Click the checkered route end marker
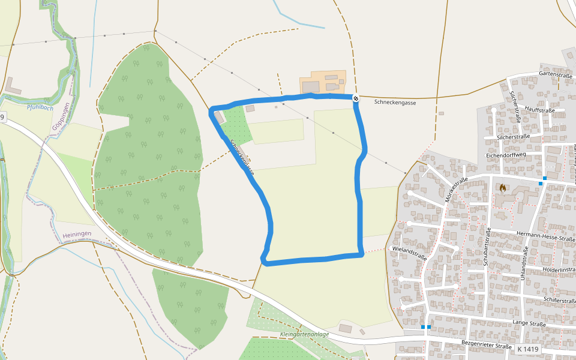click(x=356, y=98)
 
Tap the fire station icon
click(x=502, y=188)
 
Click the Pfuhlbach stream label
click(x=40, y=108)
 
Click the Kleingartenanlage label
click(x=304, y=334)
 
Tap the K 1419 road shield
click(x=527, y=349)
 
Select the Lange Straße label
click(x=529, y=324)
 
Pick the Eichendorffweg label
click(x=506, y=154)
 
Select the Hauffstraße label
click(x=539, y=110)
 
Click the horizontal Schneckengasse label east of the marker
click(x=395, y=103)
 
